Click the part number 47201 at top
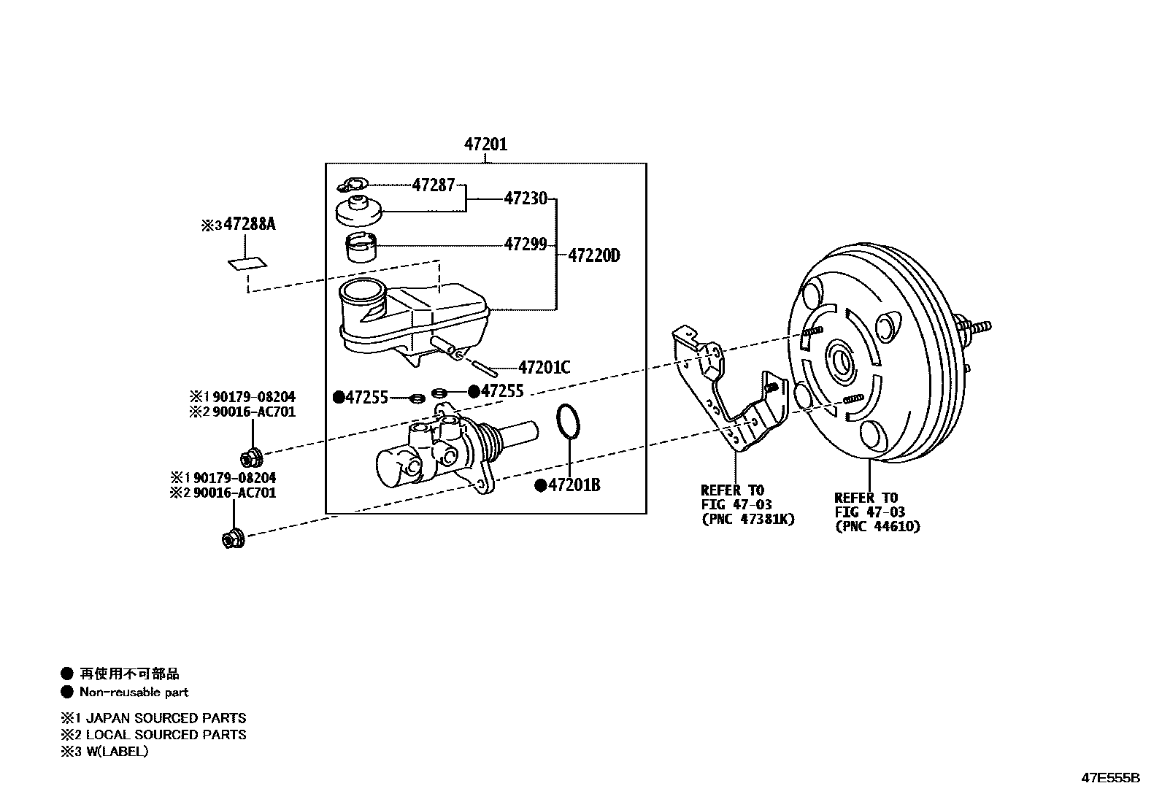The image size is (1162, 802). coord(485,144)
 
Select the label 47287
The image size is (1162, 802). coord(434,185)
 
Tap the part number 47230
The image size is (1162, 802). coord(525,198)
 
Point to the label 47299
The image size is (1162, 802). coord(525,244)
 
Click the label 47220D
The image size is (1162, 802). coord(593,255)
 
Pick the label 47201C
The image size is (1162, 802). coord(545,367)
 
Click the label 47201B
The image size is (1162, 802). coord(574,485)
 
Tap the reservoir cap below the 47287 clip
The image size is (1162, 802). coord(358,211)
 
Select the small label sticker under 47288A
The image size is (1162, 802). coord(247,262)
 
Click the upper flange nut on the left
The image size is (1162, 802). coord(250,458)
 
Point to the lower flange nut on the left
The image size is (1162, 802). coord(232,539)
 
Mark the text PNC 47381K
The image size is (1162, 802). coord(747,520)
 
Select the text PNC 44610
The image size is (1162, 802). coord(877,526)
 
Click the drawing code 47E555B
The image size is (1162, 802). coord(1109,778)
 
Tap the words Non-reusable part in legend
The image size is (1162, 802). coord(134,693)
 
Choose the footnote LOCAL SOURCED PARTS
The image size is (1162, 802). coord(166,735)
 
